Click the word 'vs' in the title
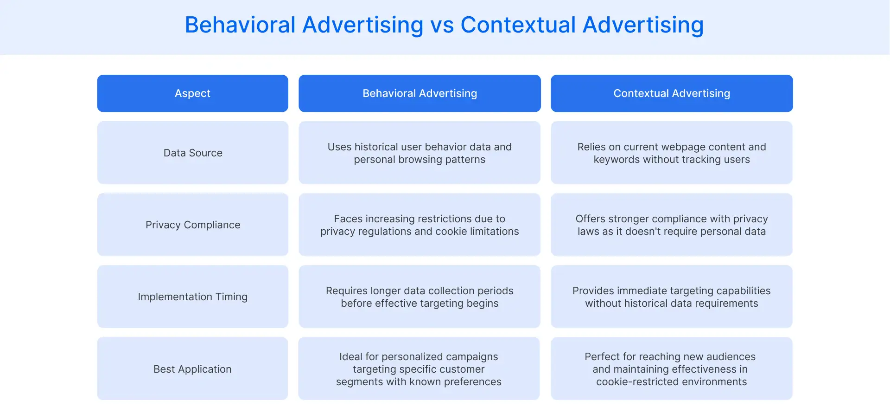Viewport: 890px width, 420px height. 442,26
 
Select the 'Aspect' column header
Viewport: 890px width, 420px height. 192,93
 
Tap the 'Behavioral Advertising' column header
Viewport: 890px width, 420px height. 420,93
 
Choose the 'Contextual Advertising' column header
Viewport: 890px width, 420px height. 672,93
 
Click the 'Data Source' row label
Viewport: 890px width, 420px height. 193,153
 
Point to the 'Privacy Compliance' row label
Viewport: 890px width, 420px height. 193,225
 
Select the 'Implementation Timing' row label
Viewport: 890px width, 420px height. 193,297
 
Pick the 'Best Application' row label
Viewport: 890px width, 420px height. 192,369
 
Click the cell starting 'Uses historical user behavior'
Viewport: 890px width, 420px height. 420,153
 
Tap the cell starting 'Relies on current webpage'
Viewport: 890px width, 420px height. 672,153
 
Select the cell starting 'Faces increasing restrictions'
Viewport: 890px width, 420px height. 420,225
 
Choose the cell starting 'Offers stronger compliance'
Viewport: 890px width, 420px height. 672,225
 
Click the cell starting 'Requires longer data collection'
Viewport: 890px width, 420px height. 420,297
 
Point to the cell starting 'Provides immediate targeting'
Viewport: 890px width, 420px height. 672,297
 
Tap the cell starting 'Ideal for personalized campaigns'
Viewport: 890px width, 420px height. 419,369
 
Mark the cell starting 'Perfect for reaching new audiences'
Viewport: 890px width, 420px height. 671,369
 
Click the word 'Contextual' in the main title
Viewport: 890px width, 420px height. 518,26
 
